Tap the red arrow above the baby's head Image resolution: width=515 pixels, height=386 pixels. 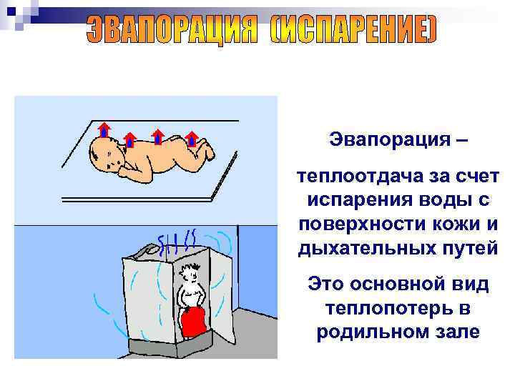coord(104,129)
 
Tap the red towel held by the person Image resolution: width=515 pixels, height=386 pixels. coord(193,322)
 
